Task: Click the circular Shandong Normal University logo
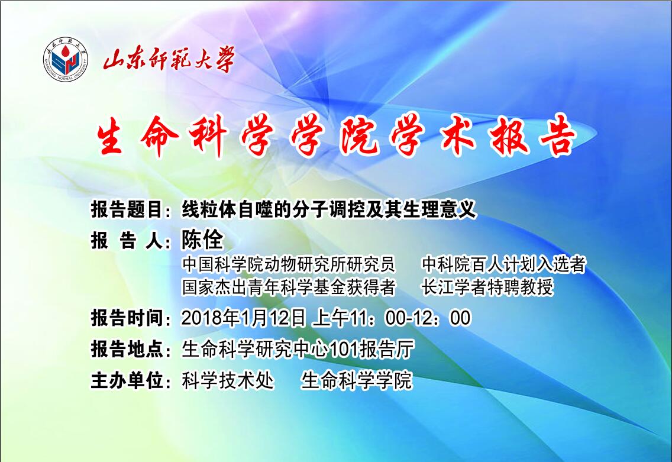tap(66, 60)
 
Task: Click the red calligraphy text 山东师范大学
tap(169, 60)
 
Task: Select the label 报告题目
tap(127, 210)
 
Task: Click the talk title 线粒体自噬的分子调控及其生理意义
tap(328, 210)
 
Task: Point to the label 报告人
tap(127, 241)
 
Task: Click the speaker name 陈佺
tap(202, 240)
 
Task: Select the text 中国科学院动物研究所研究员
tap(288, 264)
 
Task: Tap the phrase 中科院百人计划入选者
tap(503, 264)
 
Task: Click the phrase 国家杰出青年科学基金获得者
tap(288, 287)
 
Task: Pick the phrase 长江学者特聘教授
tap(487, 287)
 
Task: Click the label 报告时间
tap(127, 318)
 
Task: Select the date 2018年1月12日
tap(244, 318)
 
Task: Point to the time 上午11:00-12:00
tap(391, 318)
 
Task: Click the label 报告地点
tap(127, 349)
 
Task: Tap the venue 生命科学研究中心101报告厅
tap(298, 349)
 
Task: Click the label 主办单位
tap(127, 380)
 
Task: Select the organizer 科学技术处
tap(228, 380)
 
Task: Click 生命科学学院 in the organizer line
tap(356, 380)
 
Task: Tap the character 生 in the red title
tap(111, 137)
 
